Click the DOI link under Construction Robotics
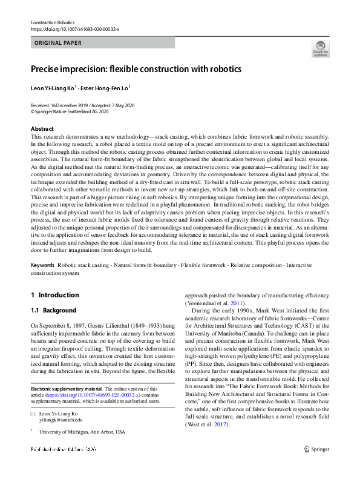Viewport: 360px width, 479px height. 74,28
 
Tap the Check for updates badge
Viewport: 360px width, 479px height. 320,48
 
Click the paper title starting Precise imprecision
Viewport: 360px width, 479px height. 136,68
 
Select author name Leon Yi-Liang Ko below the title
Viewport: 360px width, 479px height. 53,88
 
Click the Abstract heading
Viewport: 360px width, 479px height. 42,129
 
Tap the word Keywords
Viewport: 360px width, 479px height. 42,265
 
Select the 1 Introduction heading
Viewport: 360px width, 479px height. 55,296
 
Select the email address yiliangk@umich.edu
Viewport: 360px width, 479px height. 61,419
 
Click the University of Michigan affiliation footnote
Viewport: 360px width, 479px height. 82,432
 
